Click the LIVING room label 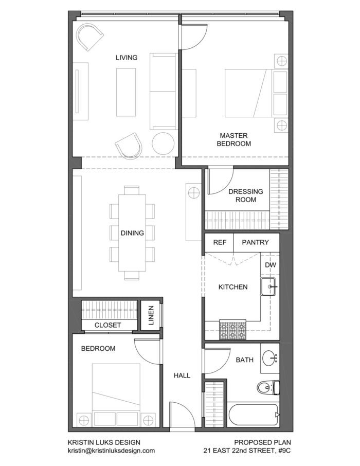(x=127, y=58)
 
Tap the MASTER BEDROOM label (x=233, y=140)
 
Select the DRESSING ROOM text (x=245, y=195)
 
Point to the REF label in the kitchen (x=220, y=242)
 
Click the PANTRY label (x=255, y=242)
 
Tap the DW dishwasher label (x=271, y=265)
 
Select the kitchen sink (x=269, y=286)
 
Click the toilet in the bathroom (x=267, y=387)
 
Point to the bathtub (x=253, y=415)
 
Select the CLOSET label (x=108, y=325)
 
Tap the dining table (x=132, y=233)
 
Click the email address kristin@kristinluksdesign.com (x=111, y=450)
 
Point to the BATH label (x=244, y=360)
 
